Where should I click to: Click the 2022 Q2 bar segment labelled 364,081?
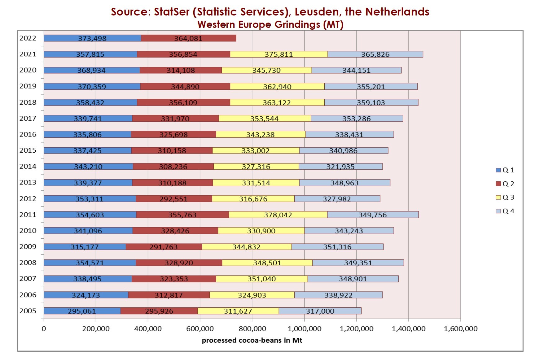(188, 38)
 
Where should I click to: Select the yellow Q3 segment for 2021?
(279, 54)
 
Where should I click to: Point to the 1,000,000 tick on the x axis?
(305, 329)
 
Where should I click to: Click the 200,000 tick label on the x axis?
(96, 329)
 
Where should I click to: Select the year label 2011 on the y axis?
(28, 215)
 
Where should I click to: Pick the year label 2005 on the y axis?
(28, 311)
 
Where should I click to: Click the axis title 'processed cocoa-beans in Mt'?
(252, 340)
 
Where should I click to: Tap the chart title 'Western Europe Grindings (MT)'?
(270, 24)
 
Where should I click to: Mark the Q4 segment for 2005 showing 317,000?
(320, 311)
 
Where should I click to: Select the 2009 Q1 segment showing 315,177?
(85, 247)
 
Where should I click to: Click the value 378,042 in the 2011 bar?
(278, 215)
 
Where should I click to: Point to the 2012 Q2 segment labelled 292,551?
(173, 199)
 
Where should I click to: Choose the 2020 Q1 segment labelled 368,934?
(91, 71)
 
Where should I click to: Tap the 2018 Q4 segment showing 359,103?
(371, 103)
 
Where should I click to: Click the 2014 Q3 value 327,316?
(256, 167)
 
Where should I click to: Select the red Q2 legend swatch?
(498, 184)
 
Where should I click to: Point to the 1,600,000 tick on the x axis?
(461, 329)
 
